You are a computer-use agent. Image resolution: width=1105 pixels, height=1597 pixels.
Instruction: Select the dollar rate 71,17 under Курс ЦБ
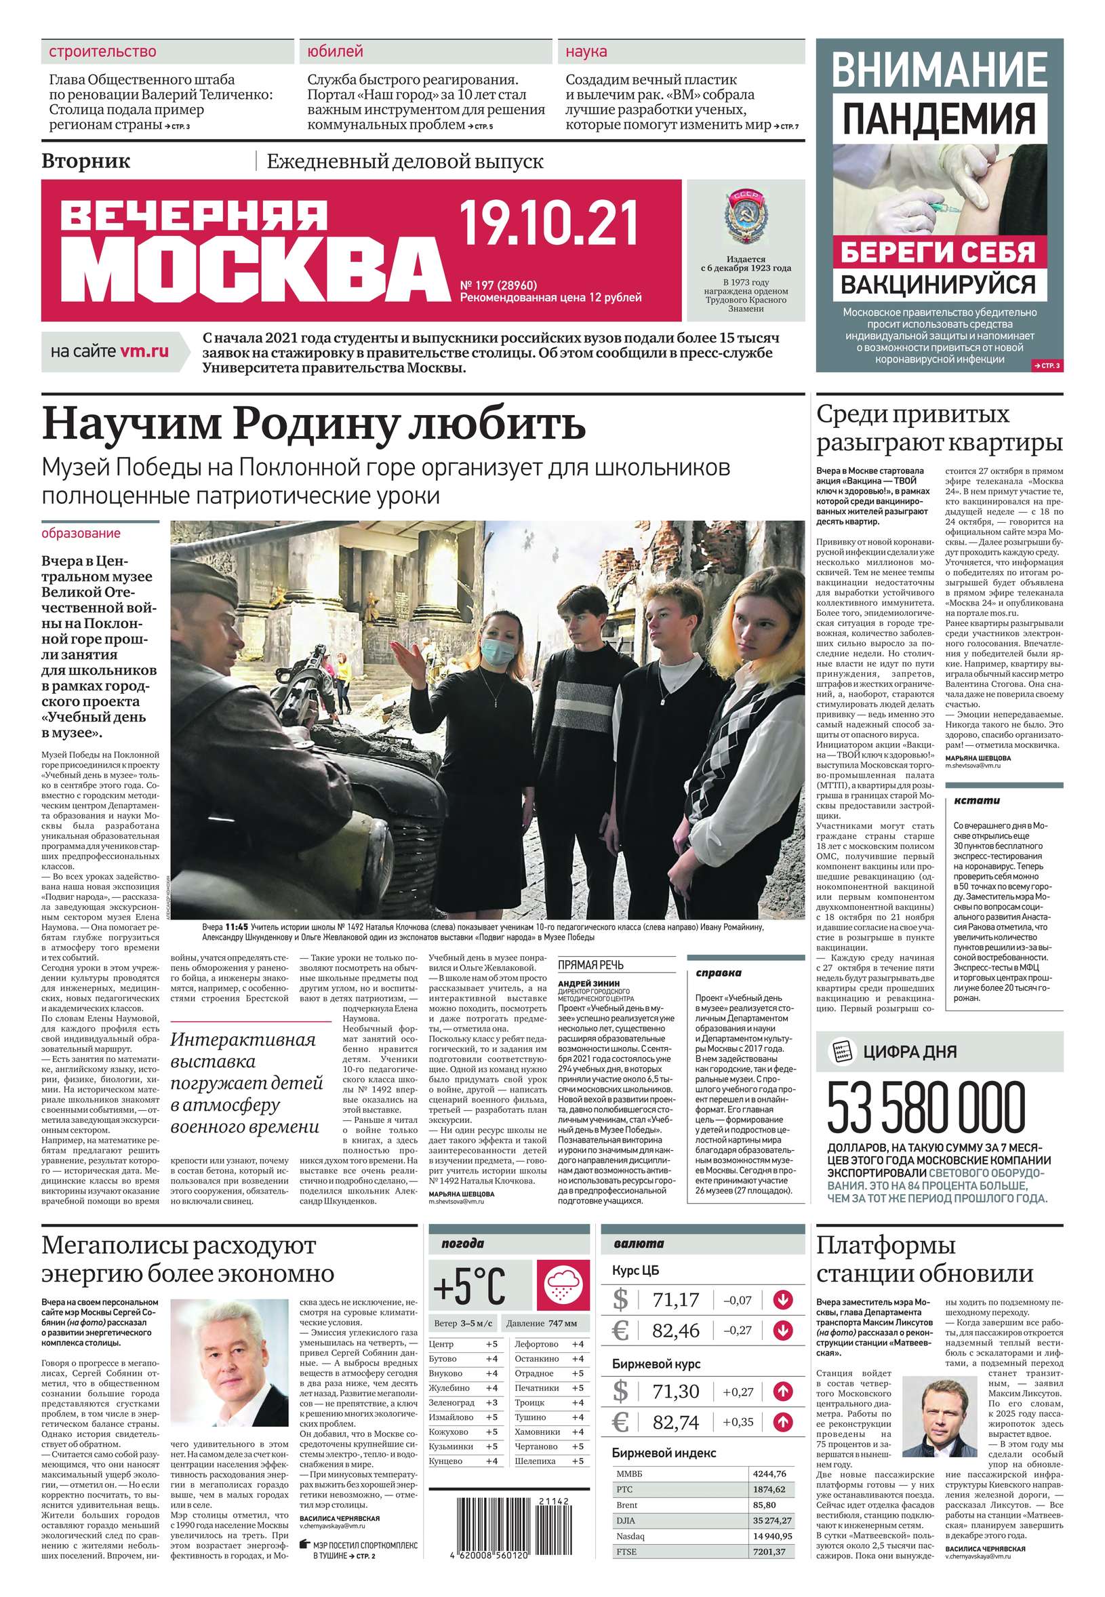tap(676, 1300)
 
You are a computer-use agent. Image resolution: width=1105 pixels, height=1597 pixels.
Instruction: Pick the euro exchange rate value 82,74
tap(676, 1423)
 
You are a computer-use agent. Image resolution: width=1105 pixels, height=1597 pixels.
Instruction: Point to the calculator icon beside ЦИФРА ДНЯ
tap(840, 1050)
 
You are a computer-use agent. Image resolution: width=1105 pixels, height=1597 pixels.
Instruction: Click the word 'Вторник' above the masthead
tap(86, 161)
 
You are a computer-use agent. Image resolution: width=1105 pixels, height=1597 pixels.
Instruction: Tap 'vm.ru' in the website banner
tap(144, 351)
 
